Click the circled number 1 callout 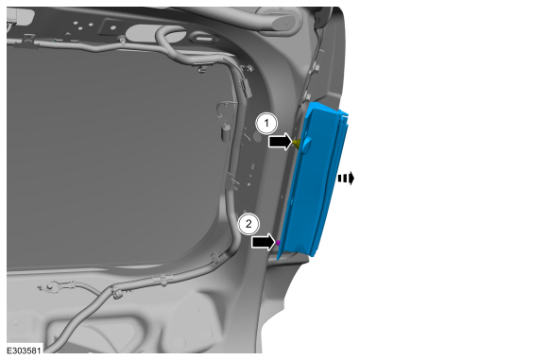(x=267, y=124)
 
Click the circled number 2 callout (x=248, y=224)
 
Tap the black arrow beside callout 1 (x=281, y=141)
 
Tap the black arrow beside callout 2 (x=264, y=242)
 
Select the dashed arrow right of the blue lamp (x=346, y=179)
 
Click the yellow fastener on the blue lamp (x=297, y=143)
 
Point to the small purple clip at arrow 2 (x=278, y=242)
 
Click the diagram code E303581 (x=25, y=351)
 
